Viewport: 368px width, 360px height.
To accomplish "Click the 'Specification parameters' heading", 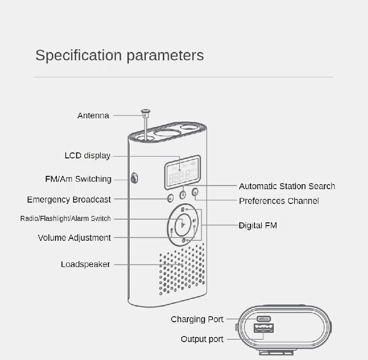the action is [x=120, y=56].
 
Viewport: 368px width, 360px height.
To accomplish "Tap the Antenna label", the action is [x=93, y=116].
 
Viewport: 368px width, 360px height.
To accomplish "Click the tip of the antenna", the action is [x=145, y=110].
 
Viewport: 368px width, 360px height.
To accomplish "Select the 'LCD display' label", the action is [x=87, y=156].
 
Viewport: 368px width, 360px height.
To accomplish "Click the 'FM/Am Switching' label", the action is [x=78, y=179].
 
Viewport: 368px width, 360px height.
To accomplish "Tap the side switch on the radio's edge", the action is [x=134, y=178].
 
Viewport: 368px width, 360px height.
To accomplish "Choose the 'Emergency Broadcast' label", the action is [x=69, y=200].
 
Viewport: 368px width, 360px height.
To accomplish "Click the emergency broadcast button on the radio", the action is [x=170, y=198].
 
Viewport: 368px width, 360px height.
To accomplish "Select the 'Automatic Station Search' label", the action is [x=287, y=186].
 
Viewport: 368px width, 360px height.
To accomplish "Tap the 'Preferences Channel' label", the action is [x=279, y=201].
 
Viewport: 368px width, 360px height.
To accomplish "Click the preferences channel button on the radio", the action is [x=195, y=192].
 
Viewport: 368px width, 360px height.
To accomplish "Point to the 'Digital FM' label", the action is [x=258, y=226].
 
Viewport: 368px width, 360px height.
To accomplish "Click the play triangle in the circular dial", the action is [x=183, y=225].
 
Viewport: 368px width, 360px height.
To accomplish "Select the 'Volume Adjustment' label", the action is [x=74, y=238].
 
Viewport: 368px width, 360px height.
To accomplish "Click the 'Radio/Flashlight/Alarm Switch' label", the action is [x=65, y=219].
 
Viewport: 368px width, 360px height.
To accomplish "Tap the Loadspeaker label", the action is [x=86, y=264].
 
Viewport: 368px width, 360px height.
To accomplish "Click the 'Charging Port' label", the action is [x=197, y=319].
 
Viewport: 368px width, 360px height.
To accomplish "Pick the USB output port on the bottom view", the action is [x=264, y=328].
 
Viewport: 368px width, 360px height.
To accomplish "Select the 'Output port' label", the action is [x=202, y=339].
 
